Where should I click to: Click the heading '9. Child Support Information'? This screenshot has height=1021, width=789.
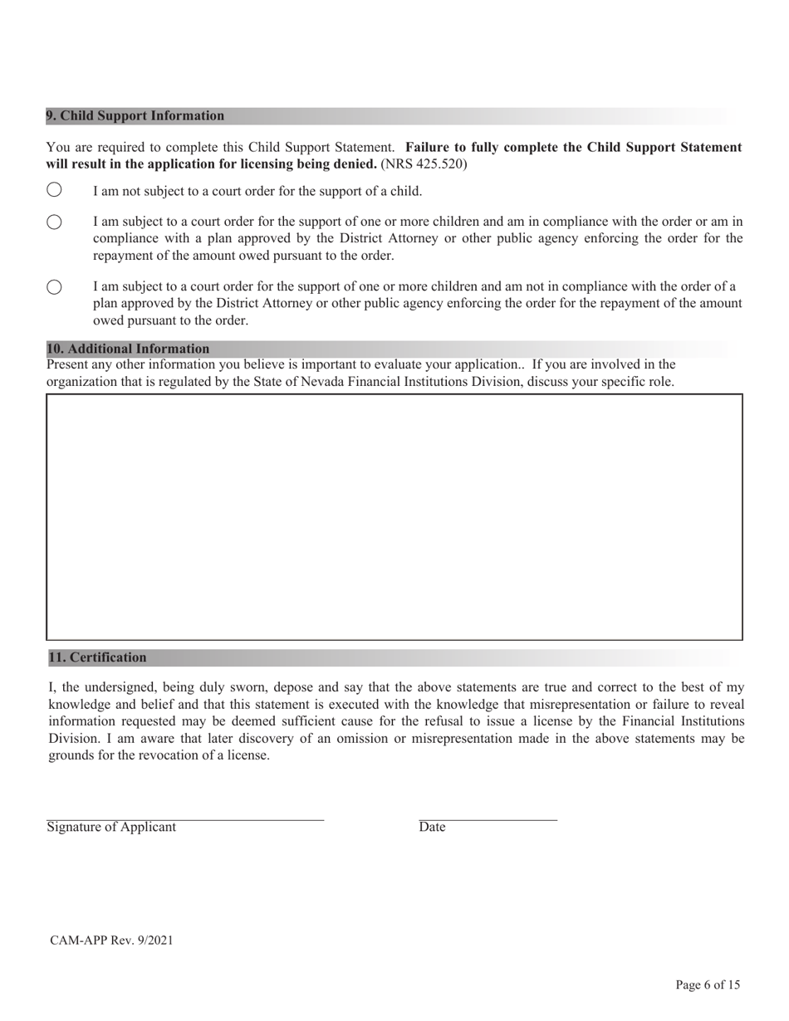coord(135,116)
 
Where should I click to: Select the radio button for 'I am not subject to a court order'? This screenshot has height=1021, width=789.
coord(54,190)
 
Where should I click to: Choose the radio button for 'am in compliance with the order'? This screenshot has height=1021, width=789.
coord(54,222)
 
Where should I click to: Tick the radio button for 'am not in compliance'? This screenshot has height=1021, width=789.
coord(54,287)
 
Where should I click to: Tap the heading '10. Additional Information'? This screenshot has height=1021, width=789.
coord(128,349)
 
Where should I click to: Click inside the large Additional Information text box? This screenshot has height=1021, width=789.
coord(394,516)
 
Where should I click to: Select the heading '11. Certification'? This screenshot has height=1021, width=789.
coord(97,657)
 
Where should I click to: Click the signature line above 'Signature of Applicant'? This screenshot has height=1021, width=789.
coord(184,819)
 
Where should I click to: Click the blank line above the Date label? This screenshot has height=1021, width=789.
coord(488,819)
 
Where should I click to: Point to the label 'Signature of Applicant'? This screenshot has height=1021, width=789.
coord(111,827)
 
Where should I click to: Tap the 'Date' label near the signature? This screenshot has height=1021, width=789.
coord(432,827)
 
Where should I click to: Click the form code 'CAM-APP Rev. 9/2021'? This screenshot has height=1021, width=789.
coord(111,940)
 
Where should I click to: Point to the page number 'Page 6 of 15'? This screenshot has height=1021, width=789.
coord(708,985)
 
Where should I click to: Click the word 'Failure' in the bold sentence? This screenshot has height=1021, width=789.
coord(429,148)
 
